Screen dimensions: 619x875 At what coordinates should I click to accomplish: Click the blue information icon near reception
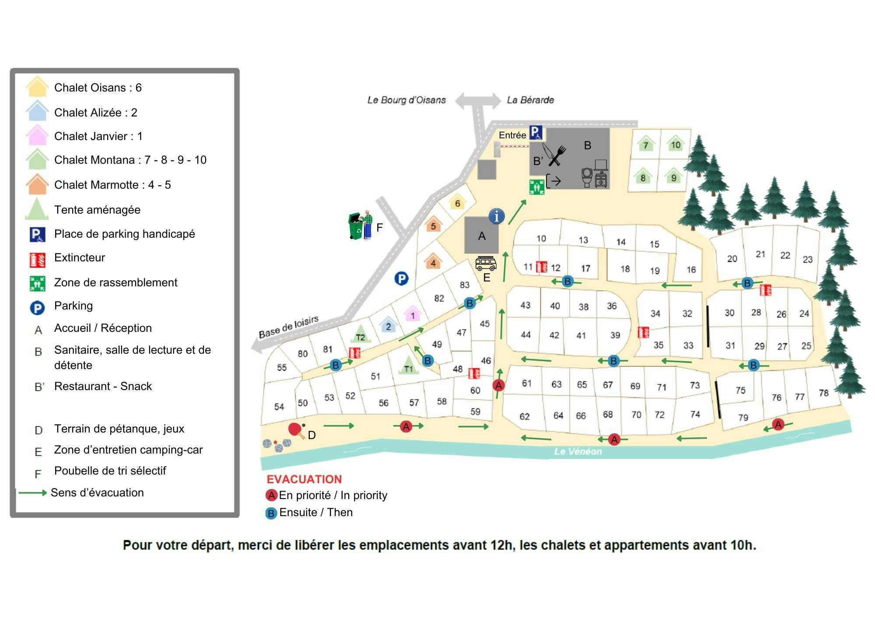tap(497, 216)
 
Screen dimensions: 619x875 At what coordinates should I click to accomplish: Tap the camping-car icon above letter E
tap(486, 264)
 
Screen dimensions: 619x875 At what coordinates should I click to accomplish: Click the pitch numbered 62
tap(525, 416)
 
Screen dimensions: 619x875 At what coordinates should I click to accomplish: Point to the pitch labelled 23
tap(808, 259)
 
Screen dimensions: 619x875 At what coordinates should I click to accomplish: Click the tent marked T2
tap(360, 334)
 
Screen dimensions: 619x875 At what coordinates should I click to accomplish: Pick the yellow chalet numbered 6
tap(457, 202)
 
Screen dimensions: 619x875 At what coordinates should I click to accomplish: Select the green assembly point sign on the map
tap(536, 187)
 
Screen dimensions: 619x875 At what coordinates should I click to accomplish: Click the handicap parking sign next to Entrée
tap(536, 133)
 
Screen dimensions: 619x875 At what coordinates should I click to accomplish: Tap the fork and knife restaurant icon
tap(554, 155)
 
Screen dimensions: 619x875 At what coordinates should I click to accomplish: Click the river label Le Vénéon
tap(577, 451)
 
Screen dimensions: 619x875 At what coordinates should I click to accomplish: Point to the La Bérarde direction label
tap(530, 100)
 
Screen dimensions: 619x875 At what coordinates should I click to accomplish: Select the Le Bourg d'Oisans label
tap(406, 100)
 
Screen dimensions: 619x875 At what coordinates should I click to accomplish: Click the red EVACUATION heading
tap(304, 479)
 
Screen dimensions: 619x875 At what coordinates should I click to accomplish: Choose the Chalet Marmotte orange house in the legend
tap(37, 184)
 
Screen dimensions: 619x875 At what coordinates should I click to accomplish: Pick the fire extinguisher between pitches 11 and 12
tap(542, 267)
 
